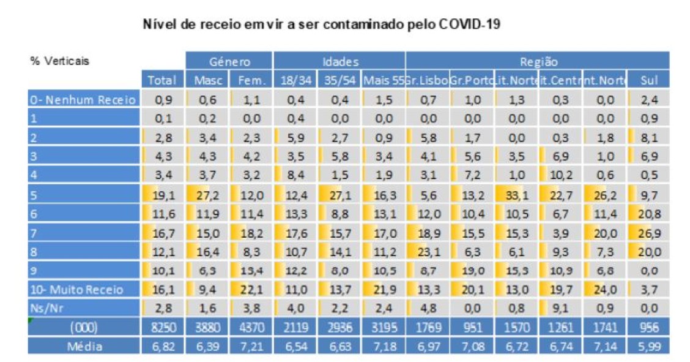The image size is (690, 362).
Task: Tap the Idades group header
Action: pyautogui.click(x=339, y=62)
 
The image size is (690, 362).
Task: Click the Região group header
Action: pyautogui.click(x=538, y=62)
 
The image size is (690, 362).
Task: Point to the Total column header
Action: pyautogui.click(x=161, y=80)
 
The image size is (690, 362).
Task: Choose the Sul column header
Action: pyautogui.click(x=649, y=80)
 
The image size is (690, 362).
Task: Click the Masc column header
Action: pyautogui.click(x=208, y=80)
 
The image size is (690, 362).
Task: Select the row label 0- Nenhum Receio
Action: pyautogui.click(x=83, y=100)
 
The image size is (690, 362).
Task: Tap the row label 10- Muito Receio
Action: pyautogui.click(x=77, y=290)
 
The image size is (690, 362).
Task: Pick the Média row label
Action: pyautogui.click(x=84, y=347)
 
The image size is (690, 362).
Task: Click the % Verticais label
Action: pyautogui.click(x=59, y=61)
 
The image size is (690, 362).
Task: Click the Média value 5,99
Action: pyautogui.click(x=650, y=347)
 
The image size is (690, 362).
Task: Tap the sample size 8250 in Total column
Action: pyautogui.click(x=162, y=328)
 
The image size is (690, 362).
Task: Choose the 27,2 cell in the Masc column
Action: pyautogui.click(x=209, y=195)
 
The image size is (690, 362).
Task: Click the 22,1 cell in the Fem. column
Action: pyautogui.click(x=251, y=290)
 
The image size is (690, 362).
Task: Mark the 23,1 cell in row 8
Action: pyautogui.click(x=427, y=252)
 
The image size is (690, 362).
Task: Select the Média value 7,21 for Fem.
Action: pyautogui.click(x=251, y=347)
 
